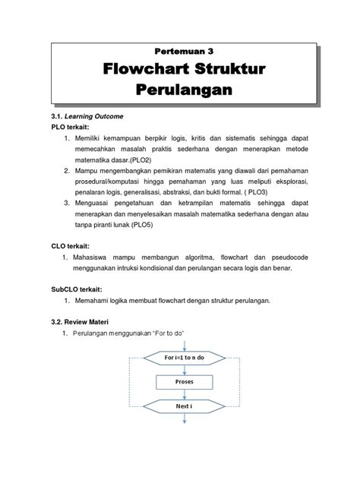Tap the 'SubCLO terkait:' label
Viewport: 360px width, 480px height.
76,290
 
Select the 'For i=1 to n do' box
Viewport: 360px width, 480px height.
185,356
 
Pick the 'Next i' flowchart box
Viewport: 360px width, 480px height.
185,408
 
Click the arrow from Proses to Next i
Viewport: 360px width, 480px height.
185,395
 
